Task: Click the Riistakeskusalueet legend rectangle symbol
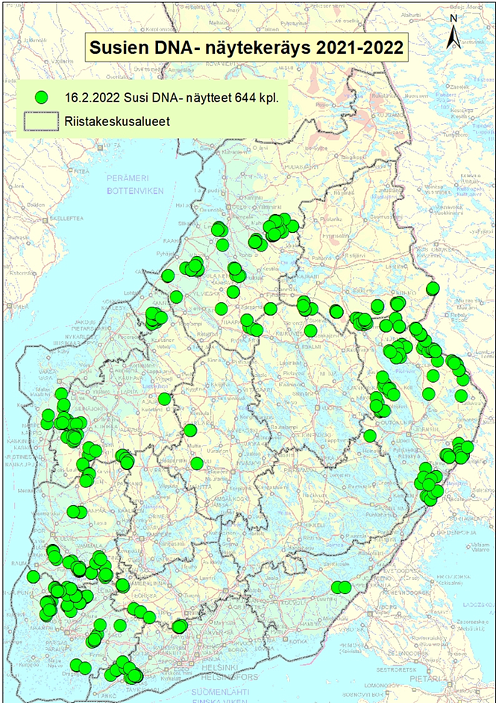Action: (x=43, y=119)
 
